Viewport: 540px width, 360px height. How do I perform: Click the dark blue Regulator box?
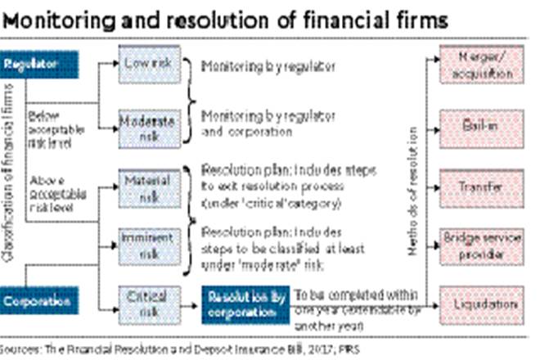click(x=40, y=64)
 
